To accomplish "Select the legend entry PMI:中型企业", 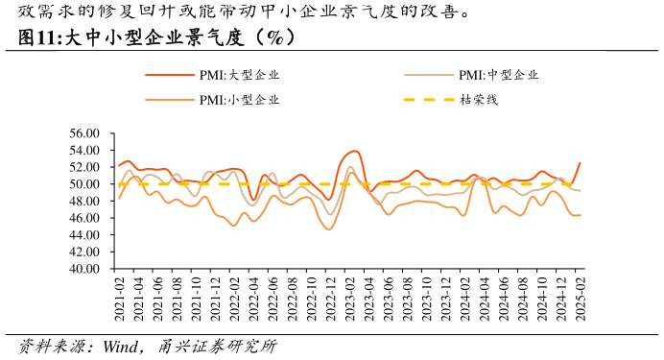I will [x=498, y=75].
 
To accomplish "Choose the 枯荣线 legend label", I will [x=479, y=99].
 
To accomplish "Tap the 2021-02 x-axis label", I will [x=119, y=298].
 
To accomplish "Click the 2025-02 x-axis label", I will [x=581, y=298].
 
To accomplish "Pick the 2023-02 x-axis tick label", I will [x=349, y=298].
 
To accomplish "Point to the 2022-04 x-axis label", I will [x=253, y=298].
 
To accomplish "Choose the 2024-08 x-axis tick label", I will [x=523, y=298].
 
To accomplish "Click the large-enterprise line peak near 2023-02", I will [x=355, y=151].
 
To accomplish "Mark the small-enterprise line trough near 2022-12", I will [x=329, y=229].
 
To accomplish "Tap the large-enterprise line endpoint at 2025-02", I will [x=581, y=162].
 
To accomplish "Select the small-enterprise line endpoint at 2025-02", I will [x=581, y=215].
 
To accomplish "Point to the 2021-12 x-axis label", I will [x=215, y=298].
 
